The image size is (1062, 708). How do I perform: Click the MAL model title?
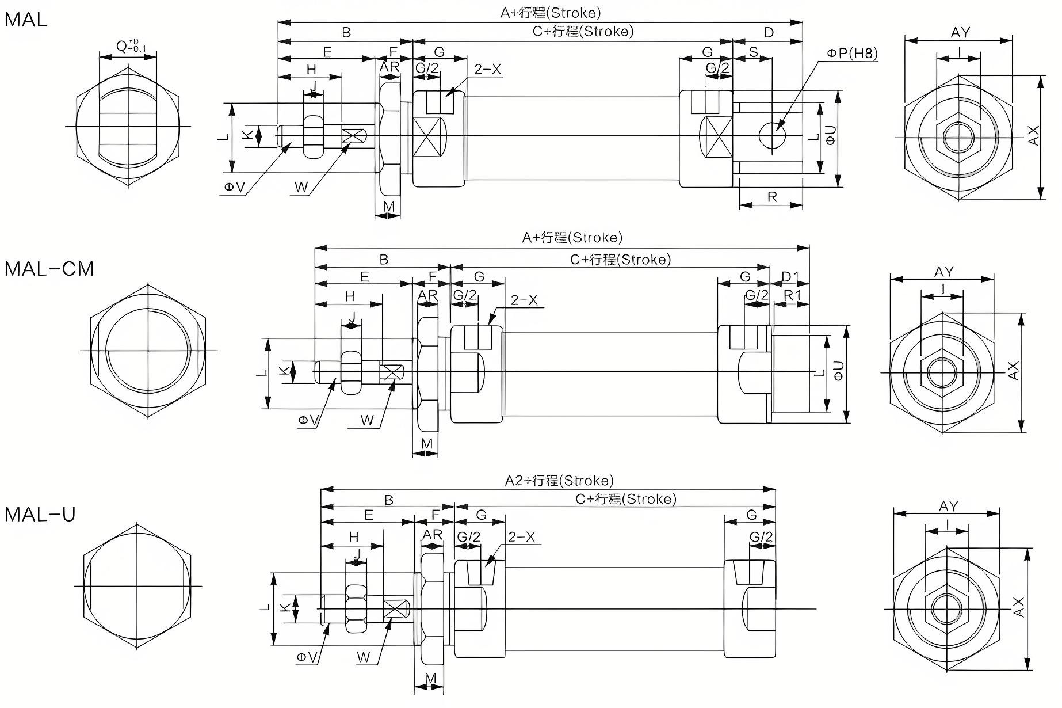(26, 20)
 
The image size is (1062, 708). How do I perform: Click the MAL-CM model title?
(49, 269)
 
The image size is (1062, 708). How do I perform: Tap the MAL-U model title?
(40, 514)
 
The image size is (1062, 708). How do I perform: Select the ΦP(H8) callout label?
(852, 54)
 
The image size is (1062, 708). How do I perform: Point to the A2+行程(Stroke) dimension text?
(559, 481)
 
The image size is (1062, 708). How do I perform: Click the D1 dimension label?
(790, 277)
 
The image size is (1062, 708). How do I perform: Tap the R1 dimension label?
(792, 295)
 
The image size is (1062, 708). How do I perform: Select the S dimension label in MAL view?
(754, 52)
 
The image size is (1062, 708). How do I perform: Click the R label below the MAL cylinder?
(772, 197)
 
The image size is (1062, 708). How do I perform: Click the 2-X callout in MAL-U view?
(521, 537)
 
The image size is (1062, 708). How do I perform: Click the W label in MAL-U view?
(363, 657)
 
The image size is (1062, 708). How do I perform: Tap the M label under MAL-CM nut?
(426, 444)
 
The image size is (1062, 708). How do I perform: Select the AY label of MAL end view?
(960, 33)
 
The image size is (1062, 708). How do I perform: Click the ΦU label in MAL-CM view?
(838, 371)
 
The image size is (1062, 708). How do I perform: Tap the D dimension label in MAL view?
(769, 33)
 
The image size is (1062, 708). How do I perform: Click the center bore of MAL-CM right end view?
(942, 372)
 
